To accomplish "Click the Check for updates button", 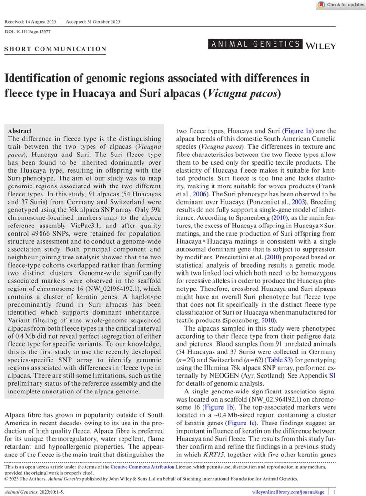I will tap(340, 5).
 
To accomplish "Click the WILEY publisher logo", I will tap(321, 46).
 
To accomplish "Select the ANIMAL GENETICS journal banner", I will tap(255, 44).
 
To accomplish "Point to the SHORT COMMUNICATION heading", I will tap(55, 49).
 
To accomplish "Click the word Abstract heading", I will tap(20, 131).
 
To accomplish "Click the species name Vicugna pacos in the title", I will tap(241, 93).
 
